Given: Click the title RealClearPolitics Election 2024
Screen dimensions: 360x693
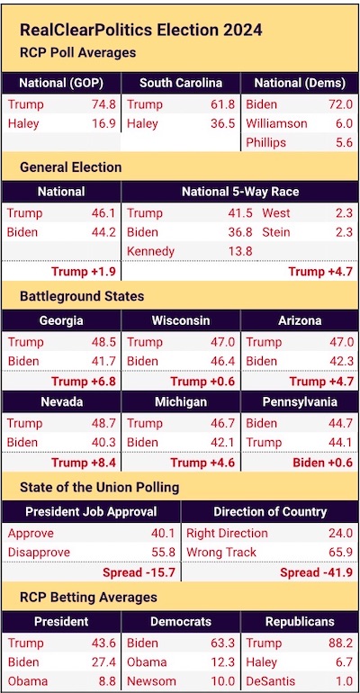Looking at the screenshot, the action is pyautogui.click(x=141, y=30).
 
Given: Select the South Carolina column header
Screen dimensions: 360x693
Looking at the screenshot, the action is pyautogui.click(x=181, y=83).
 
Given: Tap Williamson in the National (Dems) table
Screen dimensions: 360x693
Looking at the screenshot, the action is pyautogui.click(x=276, y=123).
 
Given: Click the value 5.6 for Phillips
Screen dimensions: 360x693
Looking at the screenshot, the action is pyautogui.click(x=344, y=142).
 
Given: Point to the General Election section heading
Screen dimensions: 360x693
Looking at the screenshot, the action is pyautogui.click(x=71, y=167).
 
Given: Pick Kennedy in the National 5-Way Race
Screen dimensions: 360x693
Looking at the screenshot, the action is pyautogui.click(x=150, y=251).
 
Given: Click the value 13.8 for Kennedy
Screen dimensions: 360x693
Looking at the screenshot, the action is pyautogui.click(x=240, y=251).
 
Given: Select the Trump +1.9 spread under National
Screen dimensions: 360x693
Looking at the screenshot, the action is pyautogui.click(x=84, y=272).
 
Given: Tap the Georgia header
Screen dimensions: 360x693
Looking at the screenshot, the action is pyautogui.click(x=61, y=320).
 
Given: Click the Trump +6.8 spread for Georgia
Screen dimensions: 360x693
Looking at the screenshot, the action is pyautogui.click(x=84, y=381).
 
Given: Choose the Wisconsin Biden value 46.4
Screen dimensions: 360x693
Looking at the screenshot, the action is pyautogui.click(x=222, y=362).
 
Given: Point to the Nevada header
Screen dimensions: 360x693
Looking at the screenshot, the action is pyautogui.click(x=60, y=402).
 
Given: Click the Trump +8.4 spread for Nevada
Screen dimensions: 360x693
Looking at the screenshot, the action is pyautogui.click(x=84, y=463).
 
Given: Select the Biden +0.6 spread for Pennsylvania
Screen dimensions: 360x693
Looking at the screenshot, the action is pyautogui.click(x=322, y=463).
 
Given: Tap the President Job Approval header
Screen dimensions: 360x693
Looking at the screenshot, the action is pyautogui.click(x=91, y=512).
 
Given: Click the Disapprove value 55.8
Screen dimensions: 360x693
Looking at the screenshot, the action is pyautogui.click(x=163, y=553).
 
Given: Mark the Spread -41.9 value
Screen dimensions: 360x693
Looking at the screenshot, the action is pyautogui.click(x=316, y=572).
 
